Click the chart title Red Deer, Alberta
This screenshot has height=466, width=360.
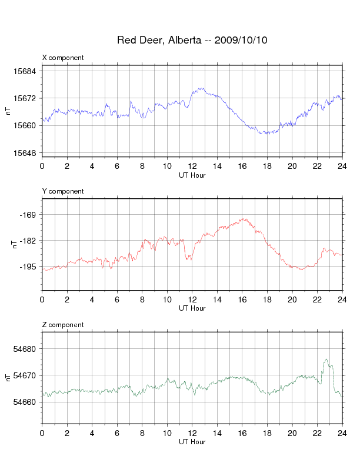159,40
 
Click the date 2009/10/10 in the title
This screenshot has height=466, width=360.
241,40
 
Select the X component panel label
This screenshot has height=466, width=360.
63,58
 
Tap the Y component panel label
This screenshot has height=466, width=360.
63,191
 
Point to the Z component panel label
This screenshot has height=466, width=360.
63,325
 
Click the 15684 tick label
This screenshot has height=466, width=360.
24,71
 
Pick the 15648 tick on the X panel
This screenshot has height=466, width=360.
24,153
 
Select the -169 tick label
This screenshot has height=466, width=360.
27,215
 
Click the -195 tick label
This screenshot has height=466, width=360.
27,267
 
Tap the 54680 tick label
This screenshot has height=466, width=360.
24,349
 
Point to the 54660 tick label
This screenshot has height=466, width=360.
24,402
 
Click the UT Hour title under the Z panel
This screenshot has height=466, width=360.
192,442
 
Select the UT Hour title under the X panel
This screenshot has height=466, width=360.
192,175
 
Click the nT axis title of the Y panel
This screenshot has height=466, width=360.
14,244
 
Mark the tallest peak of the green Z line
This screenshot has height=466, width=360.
326,360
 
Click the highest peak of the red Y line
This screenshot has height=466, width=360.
244,219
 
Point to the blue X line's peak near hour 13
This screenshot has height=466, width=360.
202,88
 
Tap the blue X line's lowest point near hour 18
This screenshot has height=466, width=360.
266,134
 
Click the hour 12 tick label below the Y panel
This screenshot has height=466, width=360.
192,299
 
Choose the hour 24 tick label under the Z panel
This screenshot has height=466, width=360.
342,433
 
